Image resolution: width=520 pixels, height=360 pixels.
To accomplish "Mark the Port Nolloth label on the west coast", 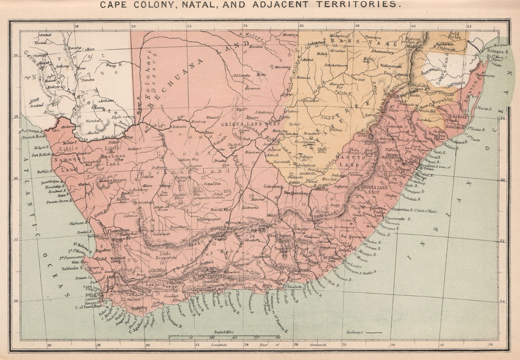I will click(41, 154).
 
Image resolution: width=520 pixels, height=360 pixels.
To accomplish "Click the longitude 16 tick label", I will click(49, 345).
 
